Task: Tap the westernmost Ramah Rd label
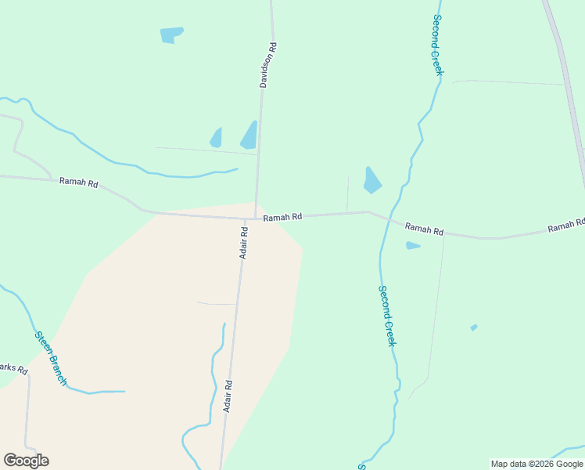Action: (x=79, y=183)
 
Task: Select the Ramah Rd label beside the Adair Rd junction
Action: (x=282, y=217)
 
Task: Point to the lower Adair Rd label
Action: (x=228, y=396)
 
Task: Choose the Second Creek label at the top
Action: (x=437, y=45)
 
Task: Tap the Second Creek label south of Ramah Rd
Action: (x=387, y=316)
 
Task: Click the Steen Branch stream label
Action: (x=51, y=358)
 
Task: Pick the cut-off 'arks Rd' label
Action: (x=13, y=367)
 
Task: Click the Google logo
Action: (x=26, y=461)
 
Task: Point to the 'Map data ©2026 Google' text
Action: (x=537, y=464)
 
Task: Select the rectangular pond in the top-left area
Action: (x=170, y=35)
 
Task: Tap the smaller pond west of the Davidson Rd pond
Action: (x=217, y=139)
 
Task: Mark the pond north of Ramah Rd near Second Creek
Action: (x=371, y=181)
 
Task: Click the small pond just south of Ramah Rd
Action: (x=412, y=246)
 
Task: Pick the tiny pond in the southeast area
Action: (x=474, y=327)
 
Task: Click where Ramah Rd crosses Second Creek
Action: (x=386, y=219)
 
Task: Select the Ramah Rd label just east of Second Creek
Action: (x=425, y=230)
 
